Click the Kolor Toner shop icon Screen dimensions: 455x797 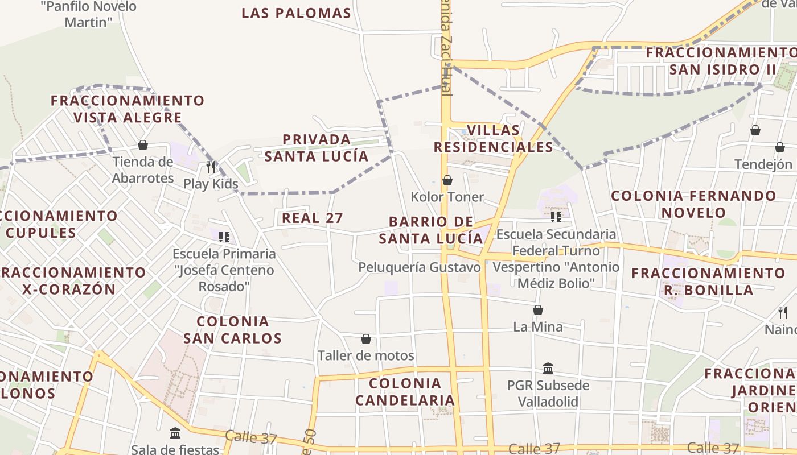click(x=447, y=181)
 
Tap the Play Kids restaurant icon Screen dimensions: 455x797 click(x=211, y=167)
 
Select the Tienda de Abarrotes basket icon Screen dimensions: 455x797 click(x=143, y=146)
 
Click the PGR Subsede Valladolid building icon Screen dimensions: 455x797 click(x=548, y=369)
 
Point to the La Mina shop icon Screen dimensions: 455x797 click(x=537, y=310)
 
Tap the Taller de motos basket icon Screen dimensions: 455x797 click(x=366, y=339)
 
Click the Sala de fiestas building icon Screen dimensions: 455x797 click(x=175, y=433)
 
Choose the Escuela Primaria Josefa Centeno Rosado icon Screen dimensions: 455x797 click(x=224, y=237)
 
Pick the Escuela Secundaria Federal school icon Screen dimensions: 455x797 click(x=556, y=217)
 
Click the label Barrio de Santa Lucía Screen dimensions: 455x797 click(x=431, y=230)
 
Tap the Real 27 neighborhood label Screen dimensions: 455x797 click(x=313, y=218)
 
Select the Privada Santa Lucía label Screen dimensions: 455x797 click(x=317, y=147)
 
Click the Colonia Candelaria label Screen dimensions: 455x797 click(x=405, y=391)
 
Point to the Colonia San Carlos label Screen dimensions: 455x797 click(x=232, y=330)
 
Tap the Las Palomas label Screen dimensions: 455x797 click(x=296, y=13)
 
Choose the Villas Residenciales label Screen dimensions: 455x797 click(x=493, y=138)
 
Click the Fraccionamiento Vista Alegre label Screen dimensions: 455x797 click(x=128, y=109)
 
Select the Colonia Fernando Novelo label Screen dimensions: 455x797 click(x=693, y=204)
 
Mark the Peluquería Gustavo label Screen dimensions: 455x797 click(x=420, y=267)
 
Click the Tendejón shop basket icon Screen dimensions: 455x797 click(x=779, y=148)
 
